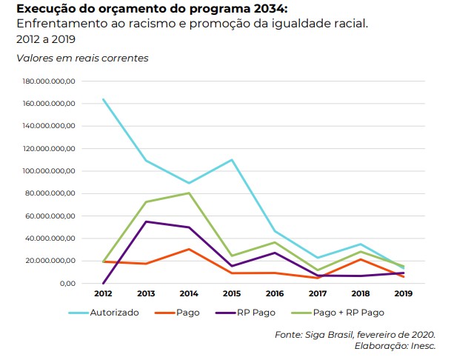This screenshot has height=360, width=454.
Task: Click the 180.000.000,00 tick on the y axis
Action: click(x=49, y=81)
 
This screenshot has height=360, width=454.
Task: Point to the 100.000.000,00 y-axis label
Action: click(x=49, y=171)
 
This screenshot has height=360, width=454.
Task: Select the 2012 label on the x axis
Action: click(x=102, y=293)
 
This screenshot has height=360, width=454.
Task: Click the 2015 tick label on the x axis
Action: click(x=233, y=293)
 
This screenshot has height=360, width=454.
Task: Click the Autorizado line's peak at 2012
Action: click(x=104, y=99)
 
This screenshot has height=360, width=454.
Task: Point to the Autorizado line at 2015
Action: click(x=232, y=160)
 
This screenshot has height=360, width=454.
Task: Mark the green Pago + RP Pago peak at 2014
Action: click(x=189, y=193)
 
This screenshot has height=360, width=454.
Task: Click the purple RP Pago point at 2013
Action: click(x=146, y=221)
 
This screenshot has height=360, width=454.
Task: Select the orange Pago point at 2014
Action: click(x=189, y=249)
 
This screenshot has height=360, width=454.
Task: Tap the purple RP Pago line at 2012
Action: click(x=104, y=283)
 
